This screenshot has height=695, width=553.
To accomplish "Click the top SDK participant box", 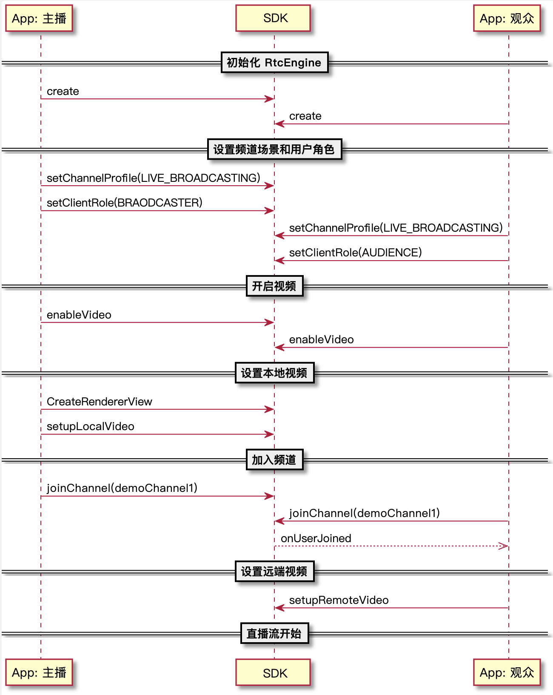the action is point(273,18).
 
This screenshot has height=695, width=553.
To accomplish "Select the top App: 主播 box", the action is point(39,18).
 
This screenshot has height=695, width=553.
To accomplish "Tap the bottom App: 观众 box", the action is point(507,672).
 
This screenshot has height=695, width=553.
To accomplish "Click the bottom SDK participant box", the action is point(273,672).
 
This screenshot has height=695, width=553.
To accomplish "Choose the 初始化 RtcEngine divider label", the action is point(274,62).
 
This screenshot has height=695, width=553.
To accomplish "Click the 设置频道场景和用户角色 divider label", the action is point(274,149).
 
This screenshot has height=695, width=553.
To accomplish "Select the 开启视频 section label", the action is point(274,286).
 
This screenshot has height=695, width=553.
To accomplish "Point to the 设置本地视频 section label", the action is point(274,373).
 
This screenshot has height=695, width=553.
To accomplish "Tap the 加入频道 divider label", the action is point(274,460).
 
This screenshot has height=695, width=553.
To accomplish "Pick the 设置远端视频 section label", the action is point(274,572).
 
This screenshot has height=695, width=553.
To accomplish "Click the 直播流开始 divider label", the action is point(274,633).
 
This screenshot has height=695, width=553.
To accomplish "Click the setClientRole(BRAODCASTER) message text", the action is point(125,202).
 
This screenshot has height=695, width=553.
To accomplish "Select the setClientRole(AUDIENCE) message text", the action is point(356,252).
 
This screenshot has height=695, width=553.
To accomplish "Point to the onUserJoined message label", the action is point(316,538).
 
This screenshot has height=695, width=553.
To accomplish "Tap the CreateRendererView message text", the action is point(100,402).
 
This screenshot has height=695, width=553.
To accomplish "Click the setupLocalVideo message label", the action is point(90,426).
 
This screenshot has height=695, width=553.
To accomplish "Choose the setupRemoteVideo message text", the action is point(339,600).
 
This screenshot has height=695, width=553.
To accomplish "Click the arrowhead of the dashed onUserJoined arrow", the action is point(504,546).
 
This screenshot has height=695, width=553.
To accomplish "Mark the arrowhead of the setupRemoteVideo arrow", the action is point(279,608).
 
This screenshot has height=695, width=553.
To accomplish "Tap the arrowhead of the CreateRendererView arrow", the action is point(269,409).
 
